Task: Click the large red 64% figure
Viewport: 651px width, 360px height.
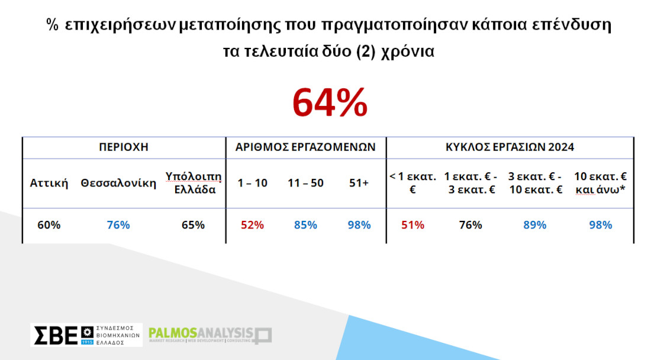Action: point(330,102)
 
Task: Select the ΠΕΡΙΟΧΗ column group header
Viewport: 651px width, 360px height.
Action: point(124,147)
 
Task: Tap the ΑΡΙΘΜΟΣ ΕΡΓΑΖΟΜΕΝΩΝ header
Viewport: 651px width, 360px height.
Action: point(305,147)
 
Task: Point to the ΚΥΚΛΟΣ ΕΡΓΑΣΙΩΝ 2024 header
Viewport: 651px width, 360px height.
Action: point(510,147)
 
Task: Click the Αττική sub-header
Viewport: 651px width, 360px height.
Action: point(49,183)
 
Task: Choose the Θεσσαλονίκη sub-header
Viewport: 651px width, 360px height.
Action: point(118,183)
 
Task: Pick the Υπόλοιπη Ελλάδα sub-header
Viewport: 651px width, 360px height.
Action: point(194,183)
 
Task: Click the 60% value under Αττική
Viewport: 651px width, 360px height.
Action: point(49,225)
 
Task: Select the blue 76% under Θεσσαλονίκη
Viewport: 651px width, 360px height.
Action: point(118,225)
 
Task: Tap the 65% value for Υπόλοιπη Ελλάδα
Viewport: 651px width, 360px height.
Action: point(193,225)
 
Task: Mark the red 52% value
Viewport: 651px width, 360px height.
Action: point(253,225)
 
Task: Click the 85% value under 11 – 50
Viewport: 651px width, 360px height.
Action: point(305,225)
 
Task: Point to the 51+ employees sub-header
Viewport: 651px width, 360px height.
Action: point(359,183)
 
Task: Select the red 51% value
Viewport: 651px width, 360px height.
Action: point(412,225)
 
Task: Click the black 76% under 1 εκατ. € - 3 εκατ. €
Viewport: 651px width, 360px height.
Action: point(470,225)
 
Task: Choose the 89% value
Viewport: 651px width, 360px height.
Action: point(535,225)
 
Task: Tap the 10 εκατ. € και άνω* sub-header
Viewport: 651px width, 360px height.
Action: point(600,183)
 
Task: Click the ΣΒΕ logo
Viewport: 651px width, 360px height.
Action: point(86,335)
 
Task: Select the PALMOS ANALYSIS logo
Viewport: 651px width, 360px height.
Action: point(210,335)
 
